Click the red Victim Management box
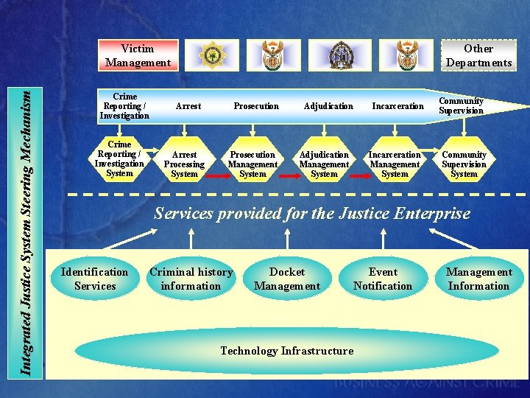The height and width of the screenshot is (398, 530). [138, 55]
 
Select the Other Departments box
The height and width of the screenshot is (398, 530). [478, 55]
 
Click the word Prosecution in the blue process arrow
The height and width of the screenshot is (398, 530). [256, 106]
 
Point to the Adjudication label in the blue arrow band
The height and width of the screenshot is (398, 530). [328, 106]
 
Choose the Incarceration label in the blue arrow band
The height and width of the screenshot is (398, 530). [397, 106]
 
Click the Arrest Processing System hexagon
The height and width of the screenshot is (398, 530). [184, 164]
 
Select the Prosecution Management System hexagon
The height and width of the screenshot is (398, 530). [252, 164]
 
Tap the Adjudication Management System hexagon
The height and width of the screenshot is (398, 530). [324, 164]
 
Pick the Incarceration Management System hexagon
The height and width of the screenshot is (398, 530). [395, 164]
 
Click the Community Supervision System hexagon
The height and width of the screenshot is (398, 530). [464, 164]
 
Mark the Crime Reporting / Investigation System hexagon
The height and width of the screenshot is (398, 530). [119, 158]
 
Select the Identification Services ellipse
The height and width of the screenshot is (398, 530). [95, 279]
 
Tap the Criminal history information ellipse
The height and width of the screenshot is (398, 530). [191, 279]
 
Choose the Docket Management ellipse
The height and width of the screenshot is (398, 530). [287, 279]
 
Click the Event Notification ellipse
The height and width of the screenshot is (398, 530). [383, 279]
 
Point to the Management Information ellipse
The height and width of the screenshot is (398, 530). [478, 279]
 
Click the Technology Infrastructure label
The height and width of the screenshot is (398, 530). [287, 351]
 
